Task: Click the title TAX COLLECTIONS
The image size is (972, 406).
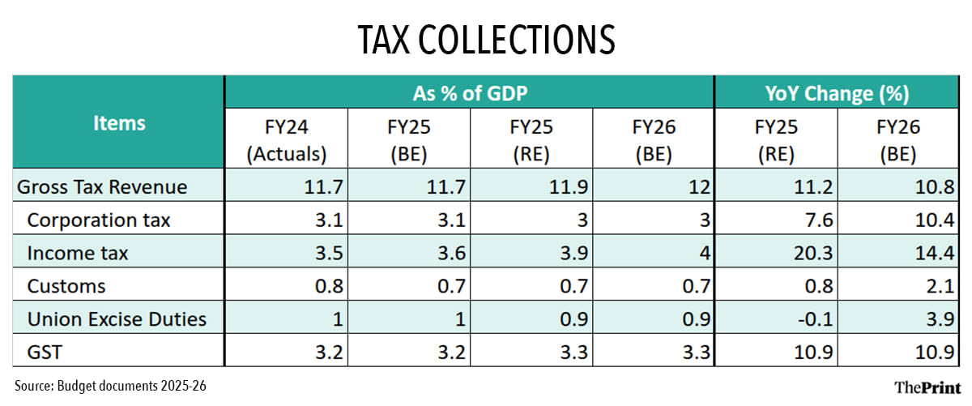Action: tap(486, 39)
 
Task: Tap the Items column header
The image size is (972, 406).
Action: tap(119, 122)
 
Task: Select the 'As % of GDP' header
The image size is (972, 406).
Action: tap(470, 93)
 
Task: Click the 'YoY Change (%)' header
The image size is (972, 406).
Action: tap(836, 93)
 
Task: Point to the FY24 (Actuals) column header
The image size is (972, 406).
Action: tap(286, 140)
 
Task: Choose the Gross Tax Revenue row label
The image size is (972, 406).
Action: tap(102, 187)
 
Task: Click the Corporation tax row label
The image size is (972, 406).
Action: tap(99, 220)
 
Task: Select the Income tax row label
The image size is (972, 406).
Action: tap(78, 254)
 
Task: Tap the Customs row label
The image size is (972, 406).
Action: tap(66, 286)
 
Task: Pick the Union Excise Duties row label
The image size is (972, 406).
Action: tap(117, 319)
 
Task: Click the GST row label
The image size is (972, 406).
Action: tap(45, 353)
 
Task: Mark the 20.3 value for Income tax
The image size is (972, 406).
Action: tap(813, 254)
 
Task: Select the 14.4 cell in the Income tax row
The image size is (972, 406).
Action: tap(936, 254)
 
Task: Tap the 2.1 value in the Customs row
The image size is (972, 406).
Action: tap(941, 286)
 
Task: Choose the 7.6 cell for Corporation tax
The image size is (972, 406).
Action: tap(818, 220)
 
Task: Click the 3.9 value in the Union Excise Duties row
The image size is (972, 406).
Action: tap(941, 319)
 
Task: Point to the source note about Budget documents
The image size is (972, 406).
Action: tap(110, 386)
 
